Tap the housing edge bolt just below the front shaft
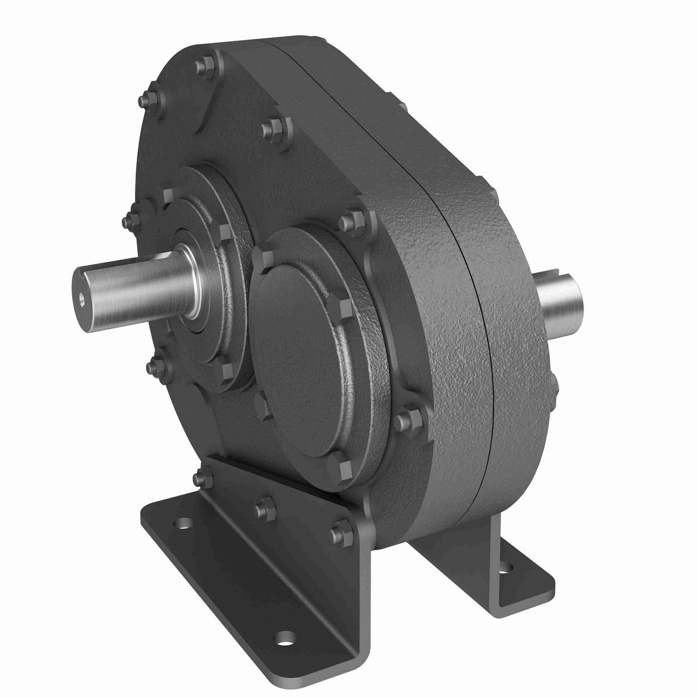155,365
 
